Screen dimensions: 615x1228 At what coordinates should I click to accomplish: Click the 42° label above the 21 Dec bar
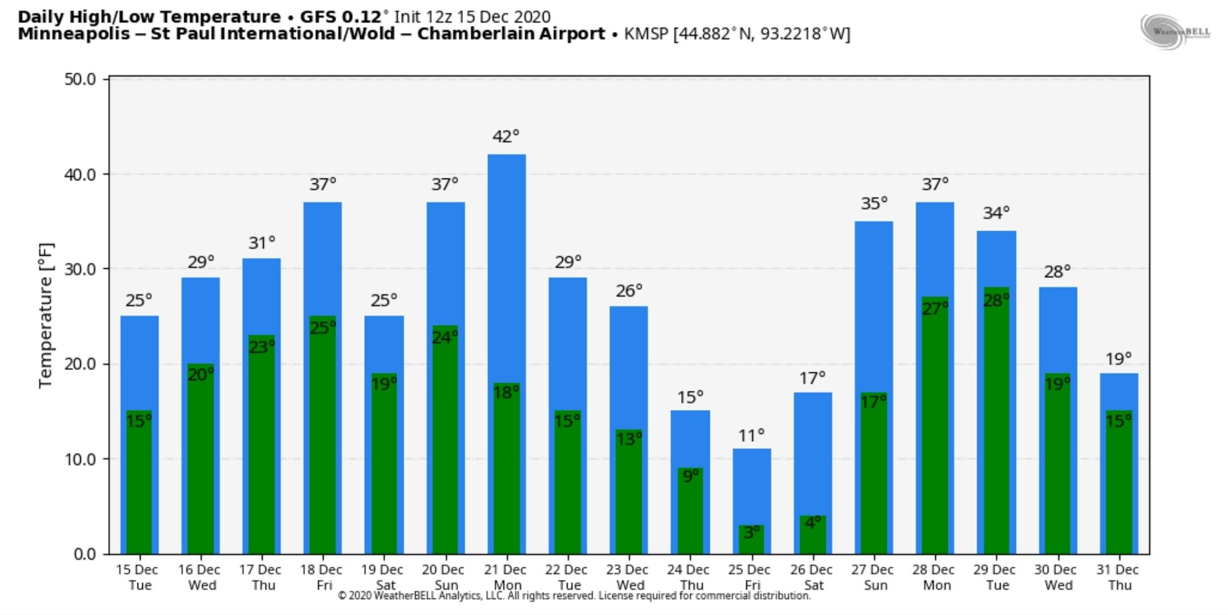505,136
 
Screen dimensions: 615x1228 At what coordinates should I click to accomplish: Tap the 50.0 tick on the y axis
80,79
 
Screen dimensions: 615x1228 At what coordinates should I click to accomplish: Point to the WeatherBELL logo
1175,32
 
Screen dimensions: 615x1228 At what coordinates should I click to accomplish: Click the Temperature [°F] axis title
45,315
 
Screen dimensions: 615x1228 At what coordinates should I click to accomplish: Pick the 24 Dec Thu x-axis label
688,577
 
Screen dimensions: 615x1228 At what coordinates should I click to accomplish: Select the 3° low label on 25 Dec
752,532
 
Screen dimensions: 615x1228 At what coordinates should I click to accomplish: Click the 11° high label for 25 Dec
751,436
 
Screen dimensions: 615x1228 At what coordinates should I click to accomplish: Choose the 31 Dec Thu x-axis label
1118,577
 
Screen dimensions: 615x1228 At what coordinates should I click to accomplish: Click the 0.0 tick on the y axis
85,554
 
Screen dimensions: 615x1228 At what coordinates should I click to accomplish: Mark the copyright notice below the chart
574,596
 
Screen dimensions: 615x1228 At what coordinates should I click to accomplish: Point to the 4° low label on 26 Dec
812,522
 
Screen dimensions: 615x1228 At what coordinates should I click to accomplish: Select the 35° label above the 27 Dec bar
874,203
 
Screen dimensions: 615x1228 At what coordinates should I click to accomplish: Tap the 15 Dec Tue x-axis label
137,577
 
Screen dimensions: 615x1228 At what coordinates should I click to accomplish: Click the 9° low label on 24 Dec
690,476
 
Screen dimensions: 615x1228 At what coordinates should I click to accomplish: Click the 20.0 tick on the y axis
80,364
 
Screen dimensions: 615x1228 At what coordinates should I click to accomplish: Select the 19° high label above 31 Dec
1118,359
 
